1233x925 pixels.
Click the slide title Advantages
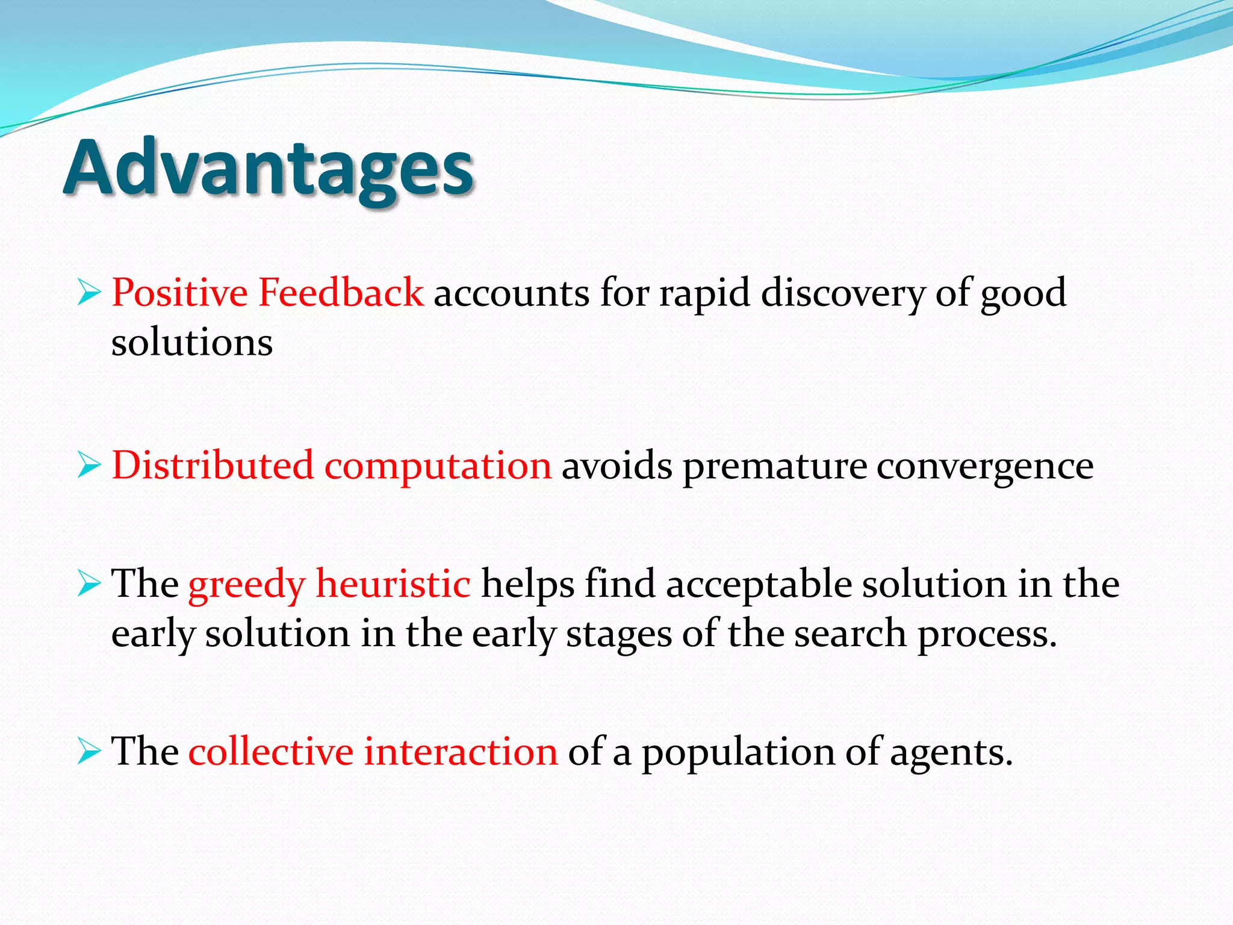point(269,169)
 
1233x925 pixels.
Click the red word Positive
point(179,293)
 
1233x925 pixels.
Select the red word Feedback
point(341,293)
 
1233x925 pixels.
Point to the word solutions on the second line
point(192,343)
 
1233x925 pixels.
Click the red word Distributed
point(213,466)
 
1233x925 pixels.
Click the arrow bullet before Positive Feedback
point(89,293)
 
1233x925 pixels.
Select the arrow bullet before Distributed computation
point(89,466)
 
